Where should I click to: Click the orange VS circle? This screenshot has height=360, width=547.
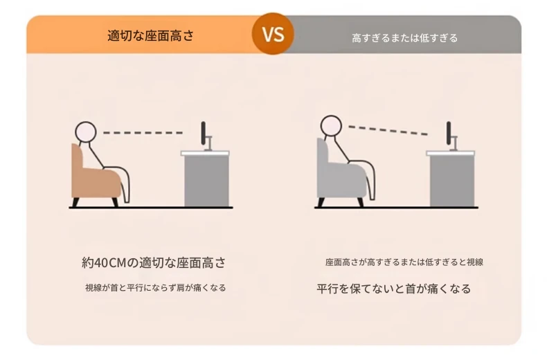click(x=273, y=34)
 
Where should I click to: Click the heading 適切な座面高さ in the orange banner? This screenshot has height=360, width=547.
click(x=150, y=36)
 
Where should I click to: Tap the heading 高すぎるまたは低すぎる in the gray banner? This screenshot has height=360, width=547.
click(x=404, y=37)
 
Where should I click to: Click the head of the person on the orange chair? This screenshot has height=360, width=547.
click(x=85, y=132)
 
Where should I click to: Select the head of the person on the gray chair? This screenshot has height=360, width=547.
click(x=331, y=125)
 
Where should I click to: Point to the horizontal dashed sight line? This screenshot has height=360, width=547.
click(x=143, y=133)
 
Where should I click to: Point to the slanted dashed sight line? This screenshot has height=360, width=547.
click(x=388, y=130)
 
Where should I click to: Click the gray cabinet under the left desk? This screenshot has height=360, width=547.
click(x=206, y=181)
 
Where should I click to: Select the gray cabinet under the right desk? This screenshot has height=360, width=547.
click(x=452, y=181)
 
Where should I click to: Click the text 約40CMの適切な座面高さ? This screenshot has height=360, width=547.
click(x=154, y=262)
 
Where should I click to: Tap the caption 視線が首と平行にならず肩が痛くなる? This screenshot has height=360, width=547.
click(x=156, y=288)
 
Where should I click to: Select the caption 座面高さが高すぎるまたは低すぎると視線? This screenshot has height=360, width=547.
click(x=404, y=262)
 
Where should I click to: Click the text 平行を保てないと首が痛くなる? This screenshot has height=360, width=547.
click(x=394, y=289)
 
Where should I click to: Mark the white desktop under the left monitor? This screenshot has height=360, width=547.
click(x=205, y=153)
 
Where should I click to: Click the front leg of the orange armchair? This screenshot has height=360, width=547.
click(x=115, y=202)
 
